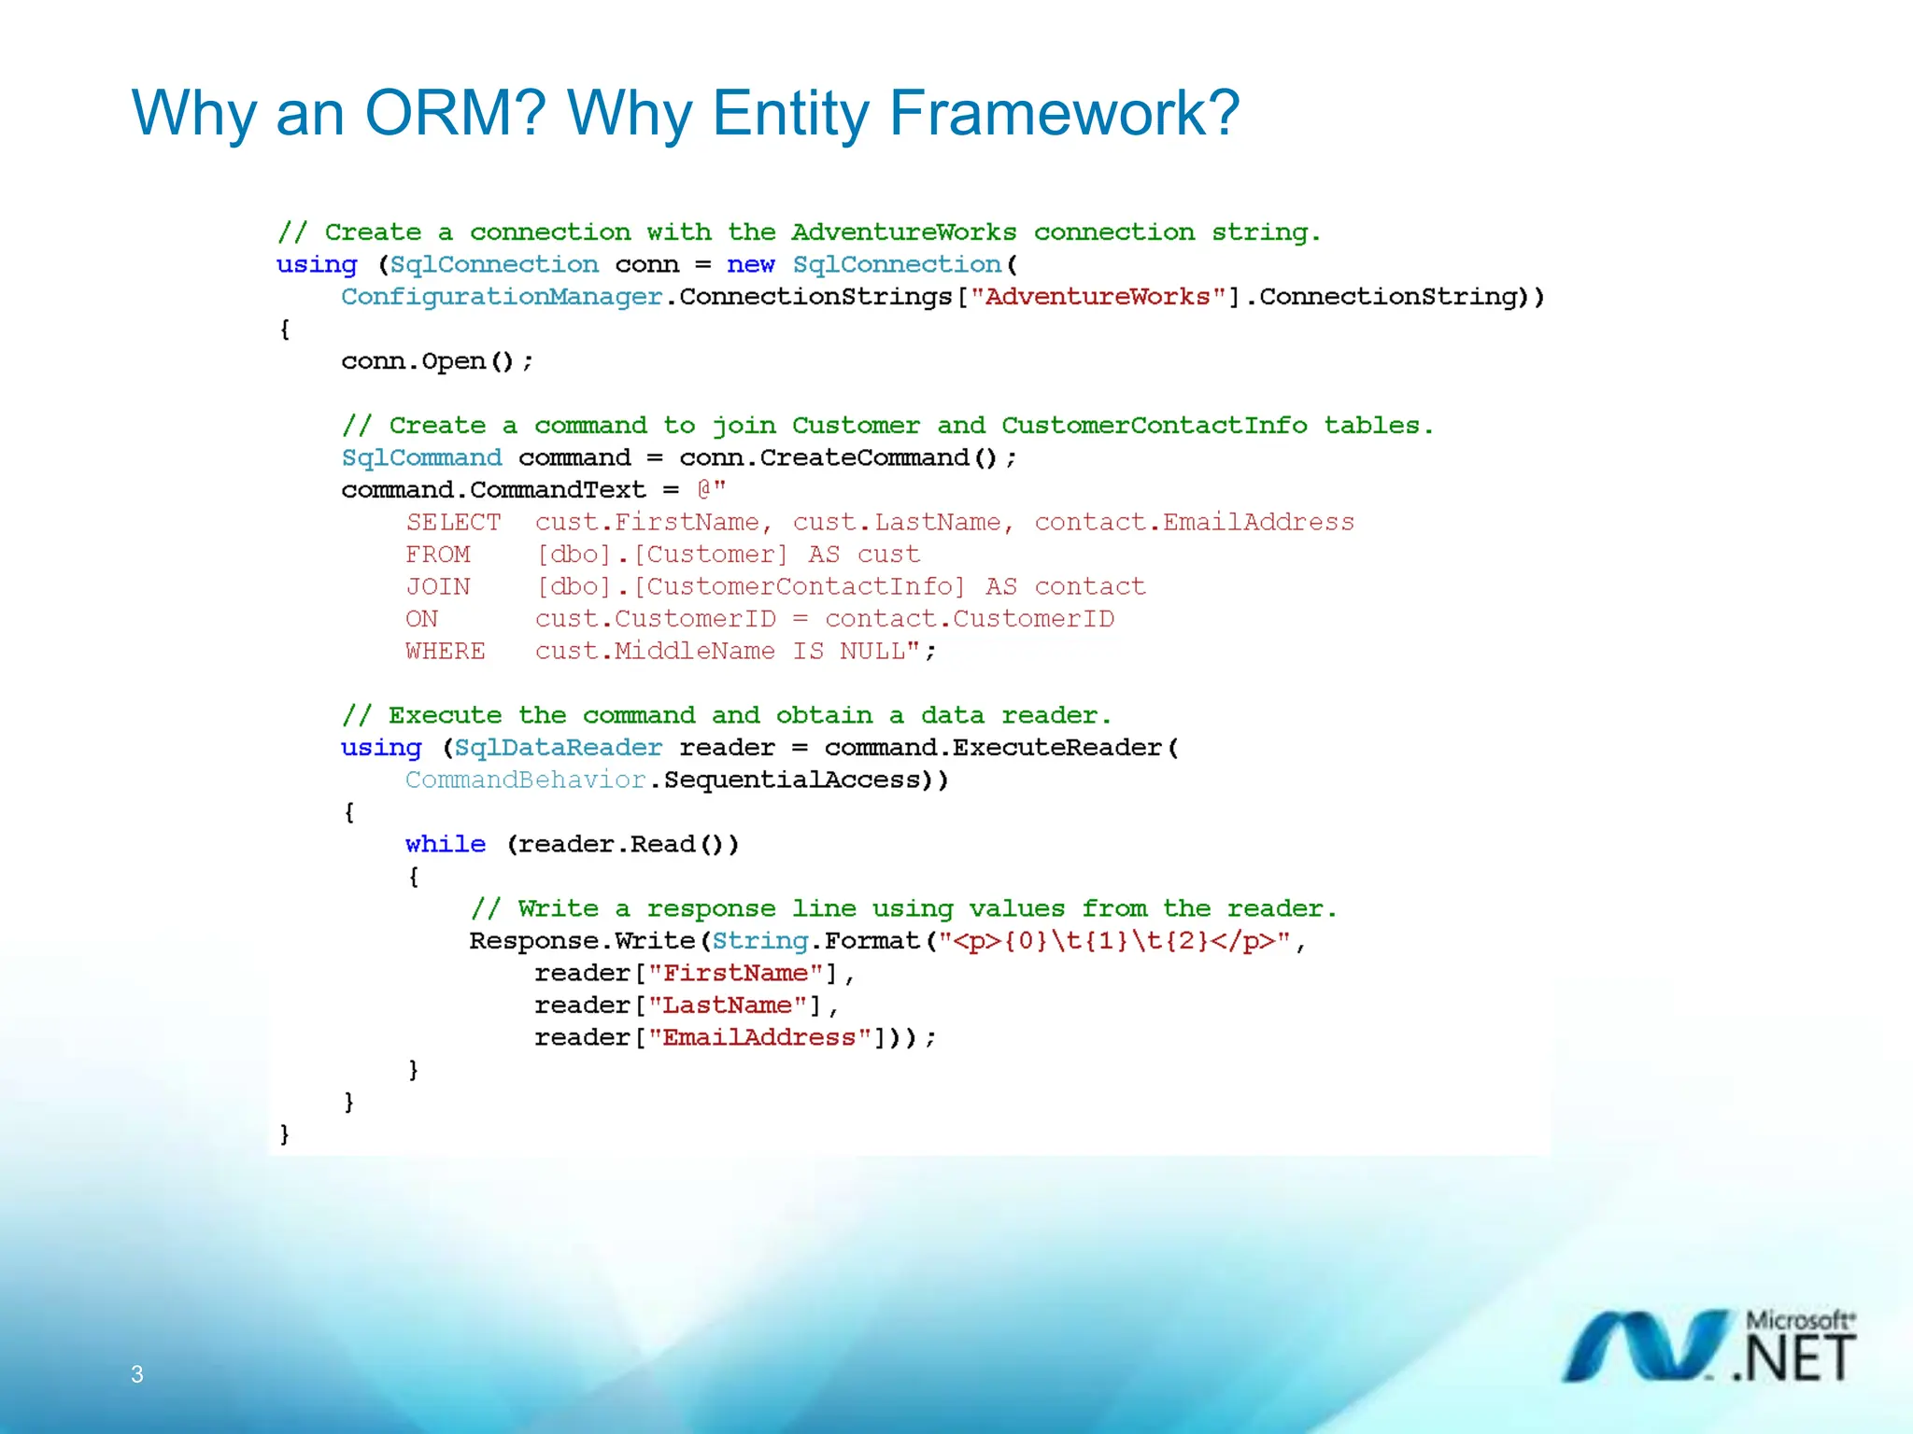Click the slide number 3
coord(136,1373)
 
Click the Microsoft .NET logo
coord(1709,1345)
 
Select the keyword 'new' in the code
coord(750,265)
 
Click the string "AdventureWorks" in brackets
coord(1098,297)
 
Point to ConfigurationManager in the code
coord(502,297)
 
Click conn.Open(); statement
coord(436,361)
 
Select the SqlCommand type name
coord(421,457)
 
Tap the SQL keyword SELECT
coord(453,522)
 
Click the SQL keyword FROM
coord(437,555)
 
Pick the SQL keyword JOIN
coord(437,586)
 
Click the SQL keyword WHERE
coord(445,651)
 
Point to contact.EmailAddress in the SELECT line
coord(1194,522)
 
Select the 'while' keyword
coord(445,844)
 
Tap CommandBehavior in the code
coord(525,780)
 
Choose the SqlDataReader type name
coord(558,748)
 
